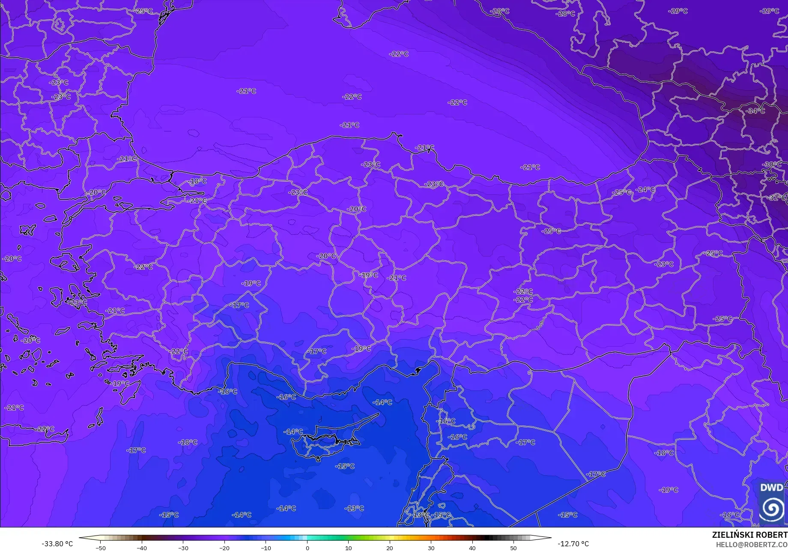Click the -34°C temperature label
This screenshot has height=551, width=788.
(755, 111)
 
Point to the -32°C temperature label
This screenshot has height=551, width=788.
(777, 198)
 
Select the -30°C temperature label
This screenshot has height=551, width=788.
(772, 164)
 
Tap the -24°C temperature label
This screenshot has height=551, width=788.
(645, 189)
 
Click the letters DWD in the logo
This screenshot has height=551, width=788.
(771, 488)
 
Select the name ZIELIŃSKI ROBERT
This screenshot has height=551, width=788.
(749, 535)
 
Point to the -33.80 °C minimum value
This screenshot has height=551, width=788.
(57, 544)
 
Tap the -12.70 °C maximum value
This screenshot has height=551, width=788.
(573, 544)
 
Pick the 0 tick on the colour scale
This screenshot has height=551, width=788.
(307, 548)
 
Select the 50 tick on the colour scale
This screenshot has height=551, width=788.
(513, 548)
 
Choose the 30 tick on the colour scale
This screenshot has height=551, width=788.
(431, 548)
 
